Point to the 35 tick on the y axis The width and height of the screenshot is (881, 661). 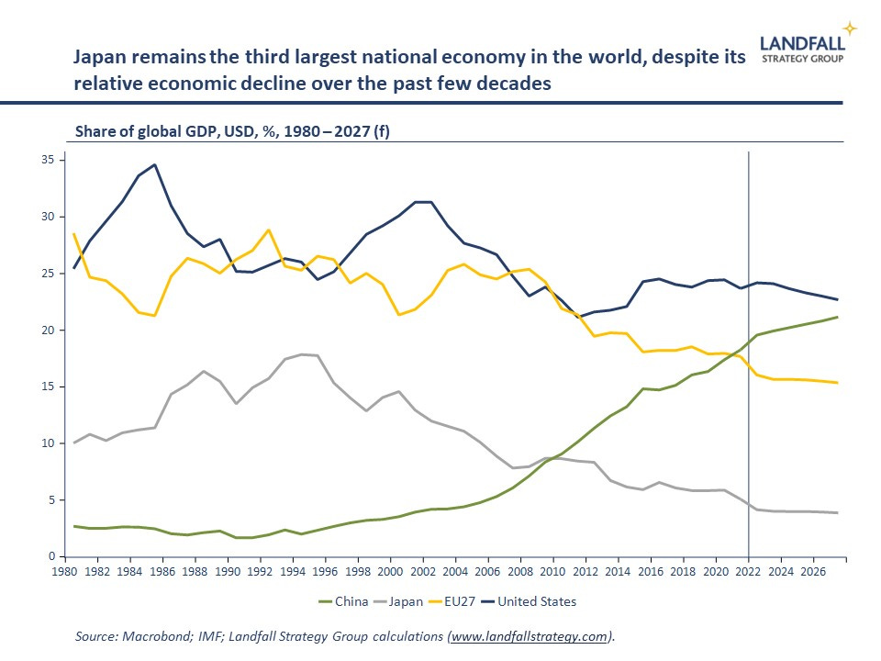48,160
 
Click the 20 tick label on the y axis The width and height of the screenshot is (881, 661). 48,330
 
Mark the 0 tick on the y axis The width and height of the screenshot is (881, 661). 50,556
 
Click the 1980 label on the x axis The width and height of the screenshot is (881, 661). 64,570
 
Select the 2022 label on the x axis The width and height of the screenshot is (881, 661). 749,570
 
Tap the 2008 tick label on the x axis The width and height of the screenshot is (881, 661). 520,570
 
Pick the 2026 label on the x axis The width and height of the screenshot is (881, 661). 814,570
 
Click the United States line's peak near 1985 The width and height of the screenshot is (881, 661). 154,165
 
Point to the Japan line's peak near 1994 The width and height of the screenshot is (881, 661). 300,353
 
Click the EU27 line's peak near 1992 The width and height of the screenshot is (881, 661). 268,230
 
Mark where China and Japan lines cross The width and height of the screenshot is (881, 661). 552,458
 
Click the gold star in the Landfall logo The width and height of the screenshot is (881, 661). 851,28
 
